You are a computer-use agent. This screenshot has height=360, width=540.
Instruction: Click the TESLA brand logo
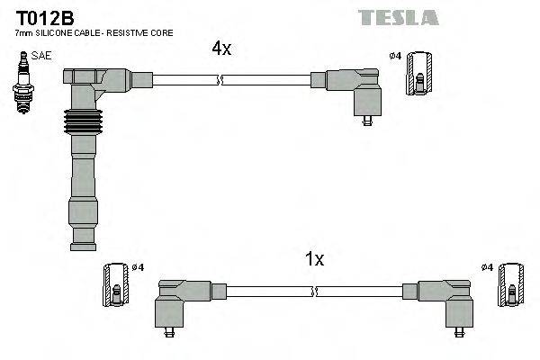pyautogui.click(x=398, y=17)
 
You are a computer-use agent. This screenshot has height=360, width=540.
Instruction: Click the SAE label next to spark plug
pyautogui.click(x=41, y=56)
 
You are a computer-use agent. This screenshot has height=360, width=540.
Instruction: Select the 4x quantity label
pyautogui.click(x=221, y=49)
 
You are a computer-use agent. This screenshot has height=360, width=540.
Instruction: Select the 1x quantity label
pyautogui.click(x=314, y=259)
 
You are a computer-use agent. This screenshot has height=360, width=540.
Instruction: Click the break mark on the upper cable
pyautogui.click(x=219, y=81)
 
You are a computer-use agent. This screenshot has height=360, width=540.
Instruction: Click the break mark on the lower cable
pyautogui.click(x=315, y=291)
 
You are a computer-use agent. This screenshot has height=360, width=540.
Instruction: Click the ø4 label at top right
pyautogui.click(x=394, y=57)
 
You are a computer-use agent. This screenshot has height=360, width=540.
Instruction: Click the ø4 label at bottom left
pyautogui.click(x=139, y=268)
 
